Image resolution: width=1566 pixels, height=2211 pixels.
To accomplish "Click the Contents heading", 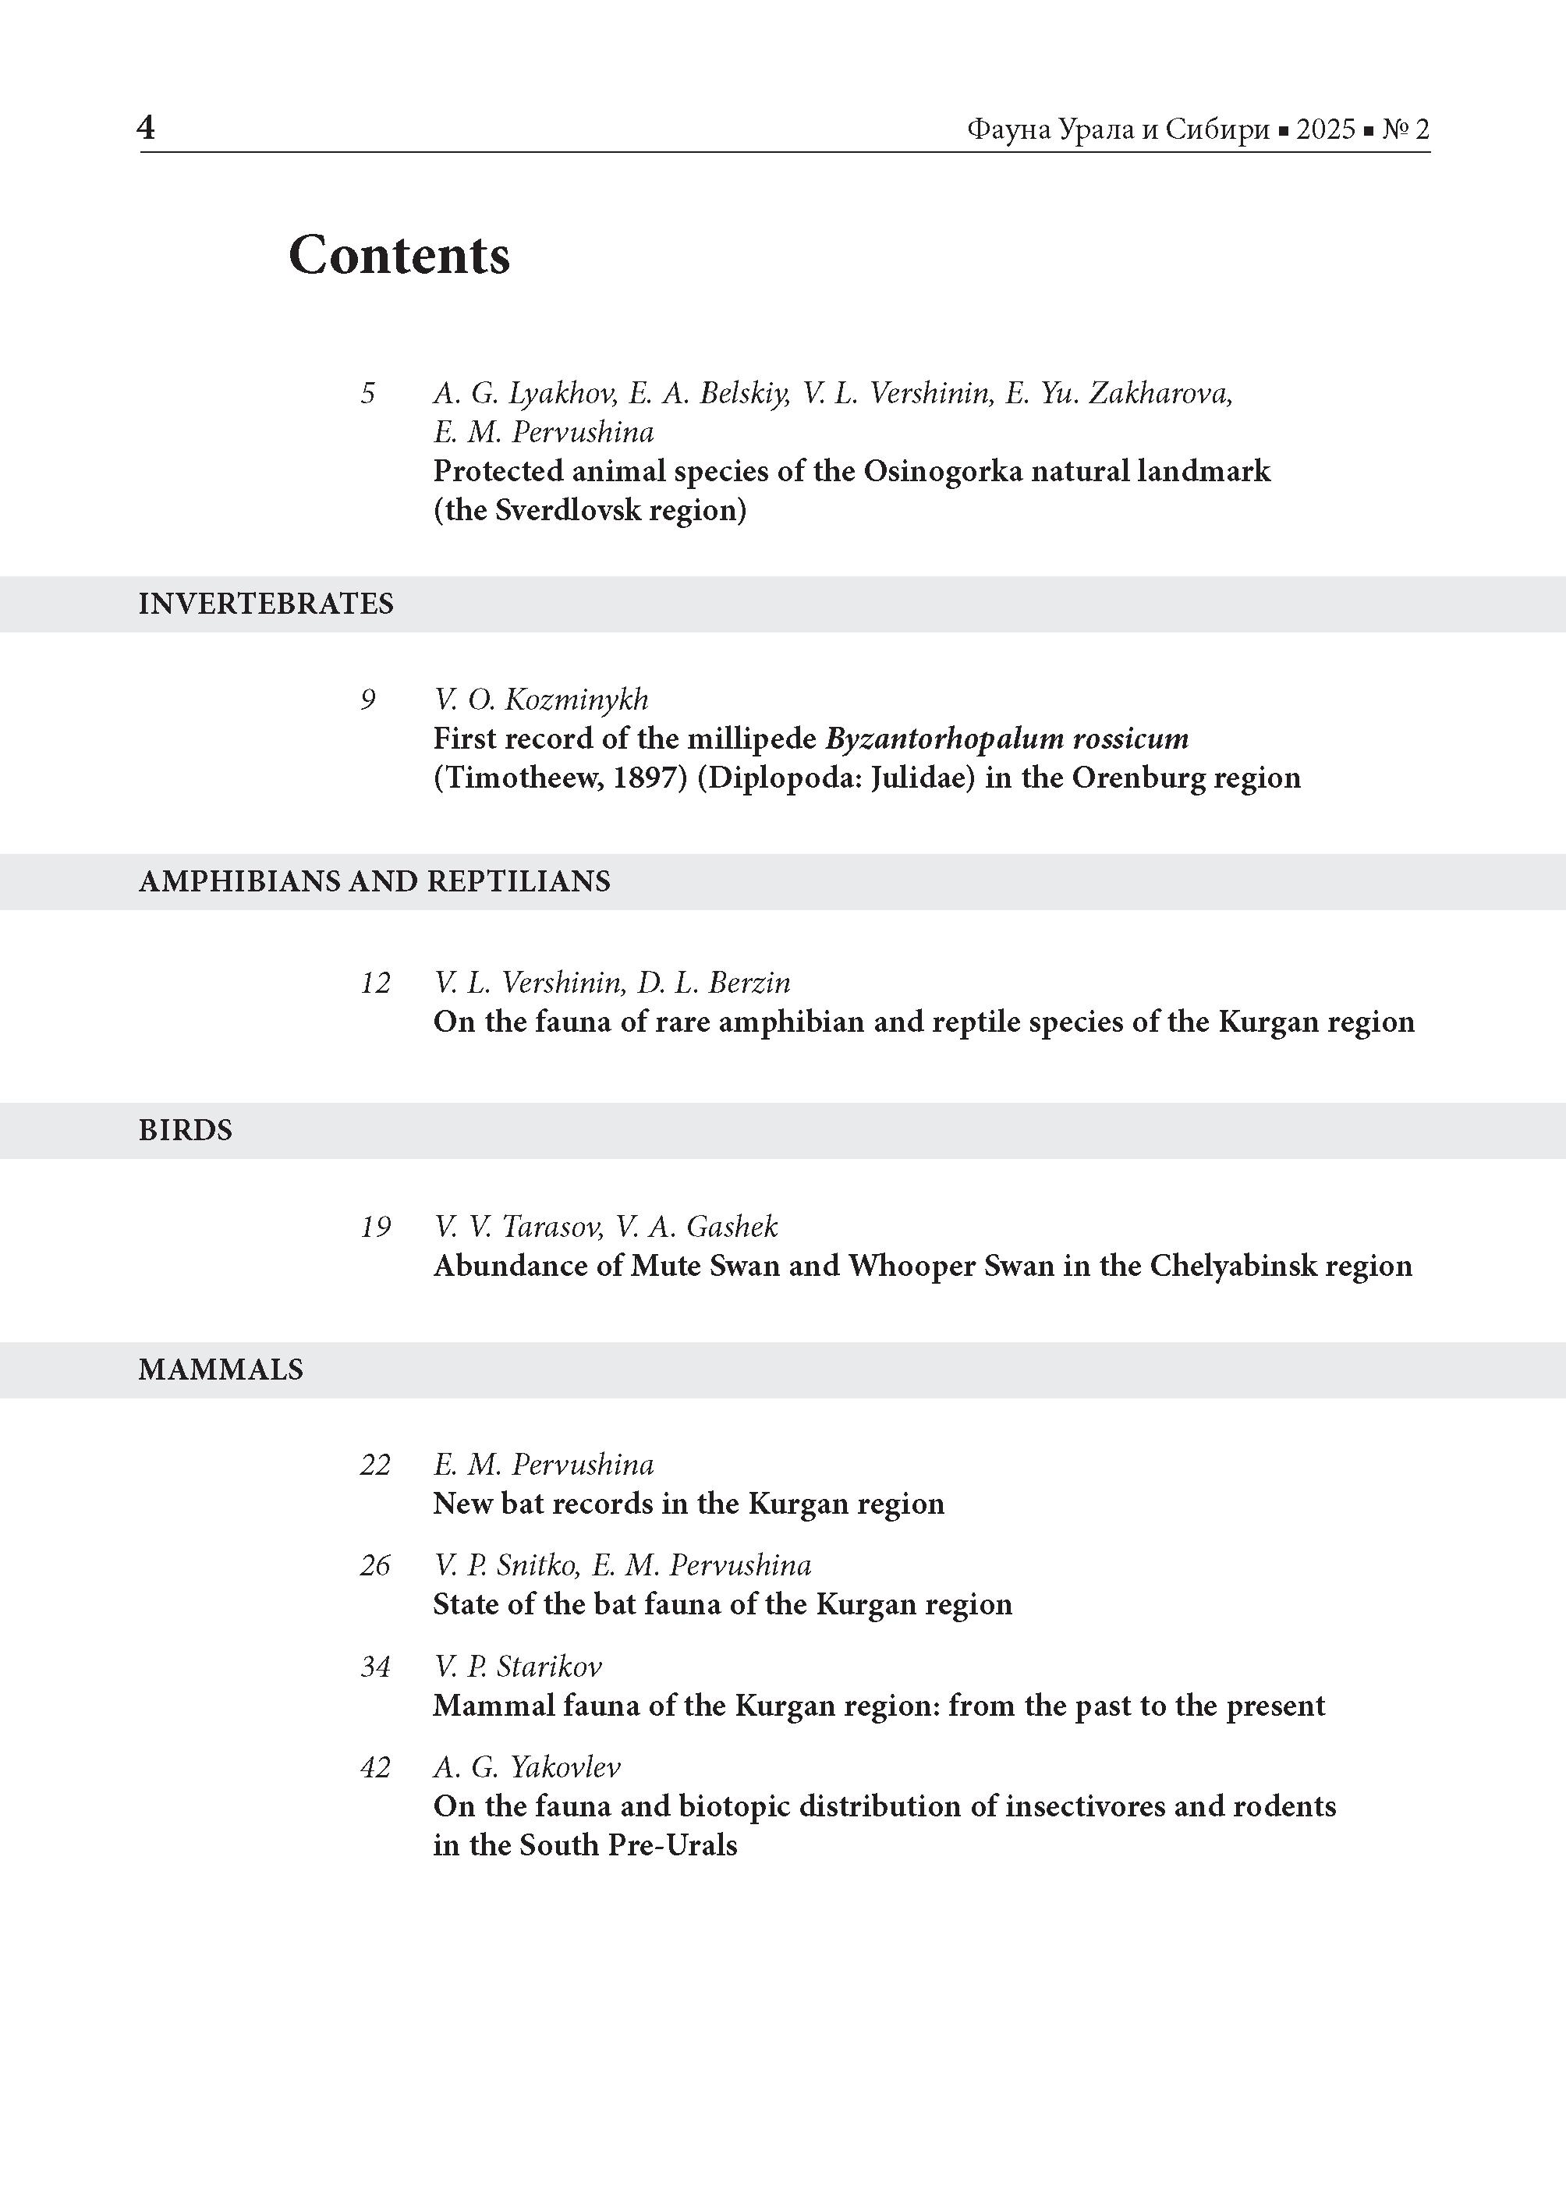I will pyautogui.click(x=399, y=256).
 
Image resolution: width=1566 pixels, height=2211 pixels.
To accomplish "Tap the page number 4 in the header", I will pyautogui.click(x=146, y=126).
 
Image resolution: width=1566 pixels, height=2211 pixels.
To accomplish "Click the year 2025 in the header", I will pyautogui.click(x=1325, y=129).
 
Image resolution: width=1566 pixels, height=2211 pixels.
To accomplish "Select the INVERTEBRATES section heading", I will pyautogui.click(x=266, y=604).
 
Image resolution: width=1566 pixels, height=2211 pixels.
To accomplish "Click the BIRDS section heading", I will pyautogui.click(x=185, y=1130).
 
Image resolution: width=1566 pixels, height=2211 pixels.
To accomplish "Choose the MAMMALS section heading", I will pyautogui.click(x=221, y=1369).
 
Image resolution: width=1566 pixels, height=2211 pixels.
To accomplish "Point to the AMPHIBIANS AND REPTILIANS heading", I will pyautogui.click(x=374, y=881).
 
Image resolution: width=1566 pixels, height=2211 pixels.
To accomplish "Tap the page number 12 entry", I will pyautogui.click(x=375, y=983).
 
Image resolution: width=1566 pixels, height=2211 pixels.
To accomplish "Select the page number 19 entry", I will pyautogui.click(x=375, y=1227).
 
